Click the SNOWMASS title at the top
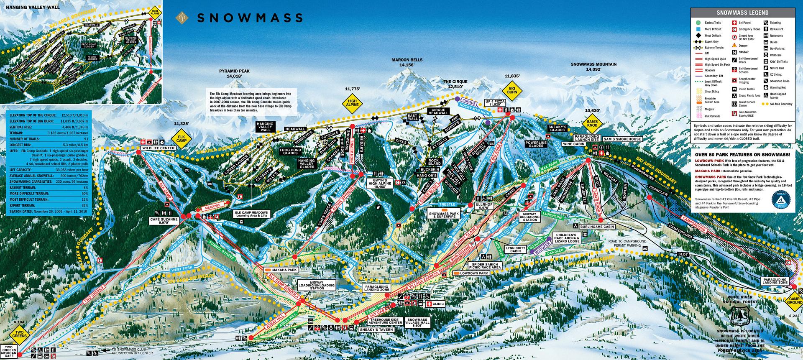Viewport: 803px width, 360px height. point(249,18)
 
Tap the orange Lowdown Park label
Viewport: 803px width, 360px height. point(471,273)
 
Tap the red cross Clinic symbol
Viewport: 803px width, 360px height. point(429,304)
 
